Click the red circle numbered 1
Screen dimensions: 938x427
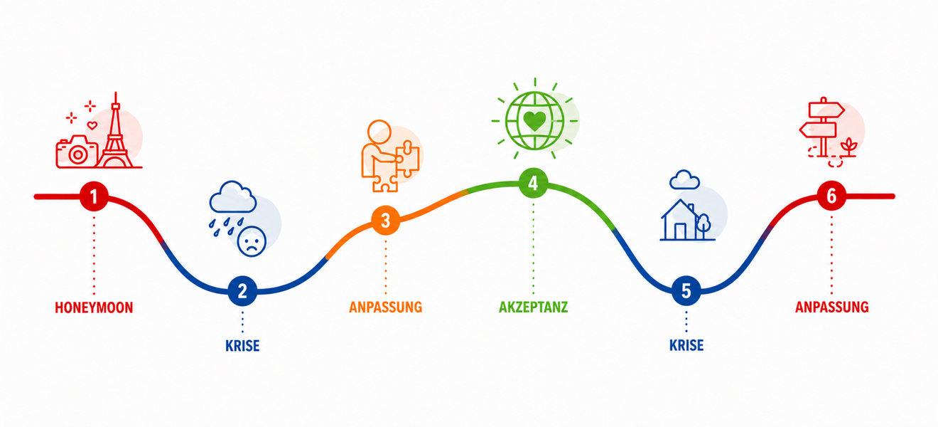point(94,196)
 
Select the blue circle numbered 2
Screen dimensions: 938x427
point(242,291)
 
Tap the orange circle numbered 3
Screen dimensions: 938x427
point(386,221)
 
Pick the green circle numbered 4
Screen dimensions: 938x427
point(533,184)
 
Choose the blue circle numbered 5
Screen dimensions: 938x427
point(686,290)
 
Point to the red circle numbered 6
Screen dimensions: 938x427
point(831,196)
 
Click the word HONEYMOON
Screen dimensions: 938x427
point(94,308)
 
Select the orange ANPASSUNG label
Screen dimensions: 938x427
point(386,307)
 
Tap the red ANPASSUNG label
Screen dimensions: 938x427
point(832,307)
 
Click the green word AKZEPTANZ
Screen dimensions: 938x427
point(533,307)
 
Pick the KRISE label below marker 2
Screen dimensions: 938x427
point(242,346)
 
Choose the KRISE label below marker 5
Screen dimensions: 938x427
point(686,346)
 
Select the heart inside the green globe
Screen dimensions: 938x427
point(535,121)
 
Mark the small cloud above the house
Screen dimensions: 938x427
point(684,179)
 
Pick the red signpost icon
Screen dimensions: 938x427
point(822,127)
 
